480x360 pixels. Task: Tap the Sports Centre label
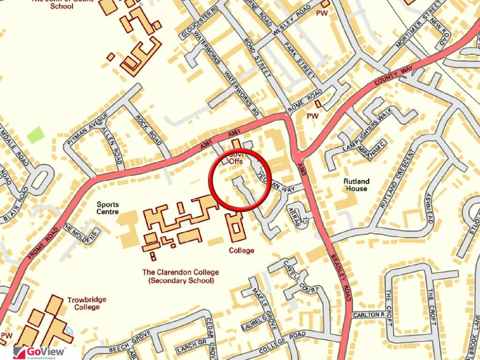click(x=108, y=208)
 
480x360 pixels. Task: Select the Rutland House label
click(x=356, y=185)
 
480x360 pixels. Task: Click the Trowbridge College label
click(x=87, y=303)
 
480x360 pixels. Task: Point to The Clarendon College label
click(x=180, y=276)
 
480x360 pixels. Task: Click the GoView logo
click(x=39, y=352)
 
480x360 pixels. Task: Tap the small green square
click(x=35, y=135)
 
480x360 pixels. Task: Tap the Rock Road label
click(x=149, y=130)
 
